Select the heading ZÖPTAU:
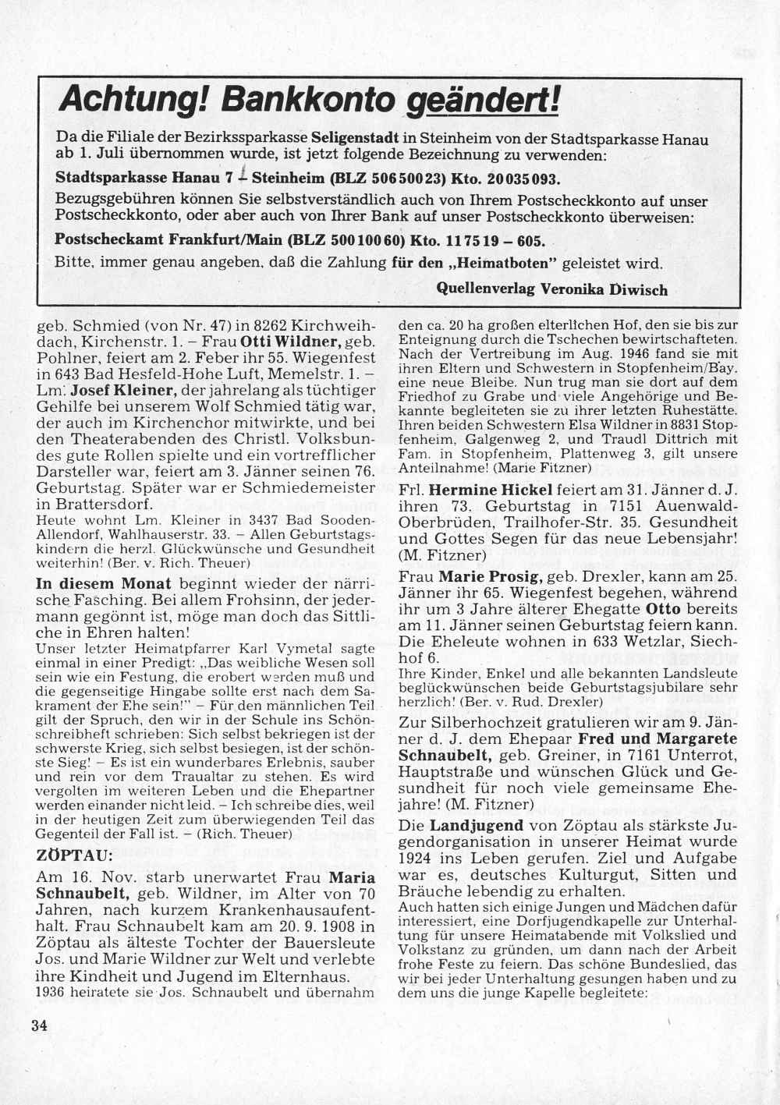[x=66, y=855]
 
